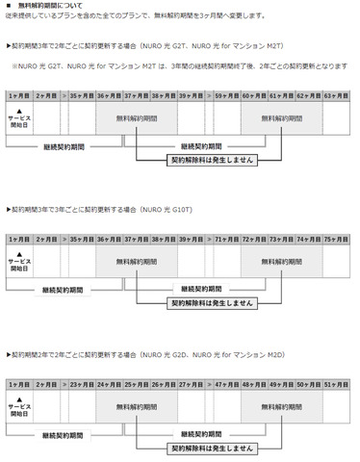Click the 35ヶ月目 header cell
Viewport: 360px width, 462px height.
click(x=81, y=97)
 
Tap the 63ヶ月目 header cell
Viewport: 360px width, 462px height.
click(x=335, y=97)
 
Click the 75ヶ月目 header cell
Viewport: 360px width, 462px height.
click(x=335, y=236)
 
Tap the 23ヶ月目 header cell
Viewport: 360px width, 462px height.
click(x=81, y=384)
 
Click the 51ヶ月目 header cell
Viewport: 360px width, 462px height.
click(x=335, y=384)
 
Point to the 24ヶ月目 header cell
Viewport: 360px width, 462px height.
click(x=109, y=384)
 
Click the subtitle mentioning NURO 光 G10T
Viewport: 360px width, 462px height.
click(x=105, y=208)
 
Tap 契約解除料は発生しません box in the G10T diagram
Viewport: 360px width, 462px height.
click(x=213, y=301)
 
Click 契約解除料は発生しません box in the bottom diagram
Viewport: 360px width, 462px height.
click(x=213, y=448)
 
